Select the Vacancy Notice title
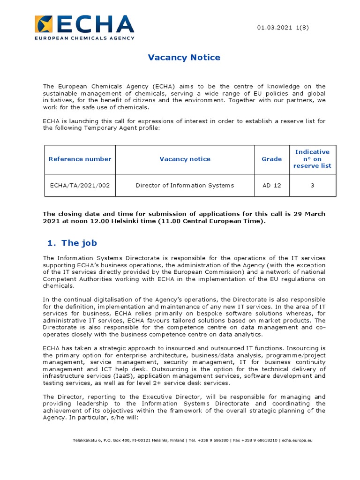click(184, 58)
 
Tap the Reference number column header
click(80, 159)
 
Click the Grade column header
click(272, 159)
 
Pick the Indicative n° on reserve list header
click(312, 159)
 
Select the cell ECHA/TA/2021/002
click(80, 185)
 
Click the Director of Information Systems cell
click(185, 185)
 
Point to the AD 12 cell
click(272, 185)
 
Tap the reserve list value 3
click(312, 185)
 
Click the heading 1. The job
click(72, 243)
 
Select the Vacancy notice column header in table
click(185, 159)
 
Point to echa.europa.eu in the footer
click(297, 440)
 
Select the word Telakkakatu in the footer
click(84, 440)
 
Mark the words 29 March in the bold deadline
click(309, 214)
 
